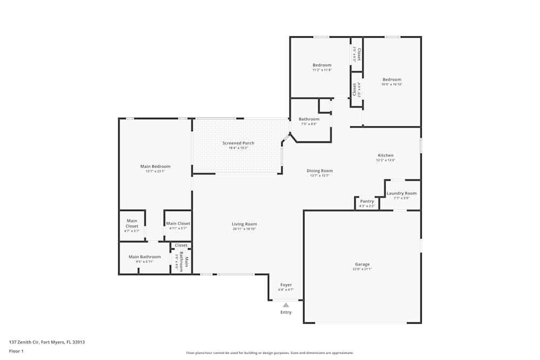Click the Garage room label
(362, 264)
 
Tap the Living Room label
(244, 224)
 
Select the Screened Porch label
(238, 143)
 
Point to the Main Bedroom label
(155, 166)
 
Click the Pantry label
(367, 201)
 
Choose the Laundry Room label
(401, 193)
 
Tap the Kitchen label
(386, 155)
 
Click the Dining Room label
(320, 171)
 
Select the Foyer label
(286, 284)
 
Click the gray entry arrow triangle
(286, 305)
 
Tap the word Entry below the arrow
(286, 312)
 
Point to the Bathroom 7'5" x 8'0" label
(309, 119)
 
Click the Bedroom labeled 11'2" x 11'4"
(322, 65)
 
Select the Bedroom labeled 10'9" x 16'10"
(392, 79)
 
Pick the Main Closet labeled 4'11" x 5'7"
(178, 223)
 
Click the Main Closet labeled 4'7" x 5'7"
(132, 223)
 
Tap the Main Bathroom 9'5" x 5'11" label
(144, 257)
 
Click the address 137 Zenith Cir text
(47, 342)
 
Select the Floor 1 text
(16, 351)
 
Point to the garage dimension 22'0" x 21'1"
(362, 269)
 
